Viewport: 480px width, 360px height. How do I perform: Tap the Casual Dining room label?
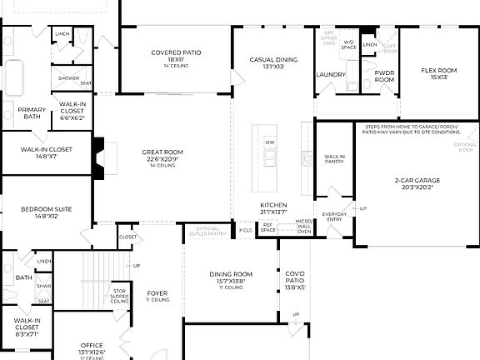point(273,60)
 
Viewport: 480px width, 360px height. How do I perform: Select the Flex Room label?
point(437,70)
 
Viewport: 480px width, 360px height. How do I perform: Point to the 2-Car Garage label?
point(417,180)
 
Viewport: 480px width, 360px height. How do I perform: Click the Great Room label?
point(162,152)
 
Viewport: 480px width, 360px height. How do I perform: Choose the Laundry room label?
point(331,74)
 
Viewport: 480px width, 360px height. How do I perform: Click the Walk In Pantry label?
point(335,159)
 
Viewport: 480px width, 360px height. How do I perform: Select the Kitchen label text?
point(272,204)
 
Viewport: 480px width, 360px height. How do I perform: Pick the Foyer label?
point(157,292)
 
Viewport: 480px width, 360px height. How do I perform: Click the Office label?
point(92,345)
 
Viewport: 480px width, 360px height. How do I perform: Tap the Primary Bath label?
point(32,112)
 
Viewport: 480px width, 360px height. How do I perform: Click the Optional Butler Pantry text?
point(206,231)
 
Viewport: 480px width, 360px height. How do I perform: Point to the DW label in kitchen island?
point(269,142)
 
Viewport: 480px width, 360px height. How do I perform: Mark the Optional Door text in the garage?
point(465,148)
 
